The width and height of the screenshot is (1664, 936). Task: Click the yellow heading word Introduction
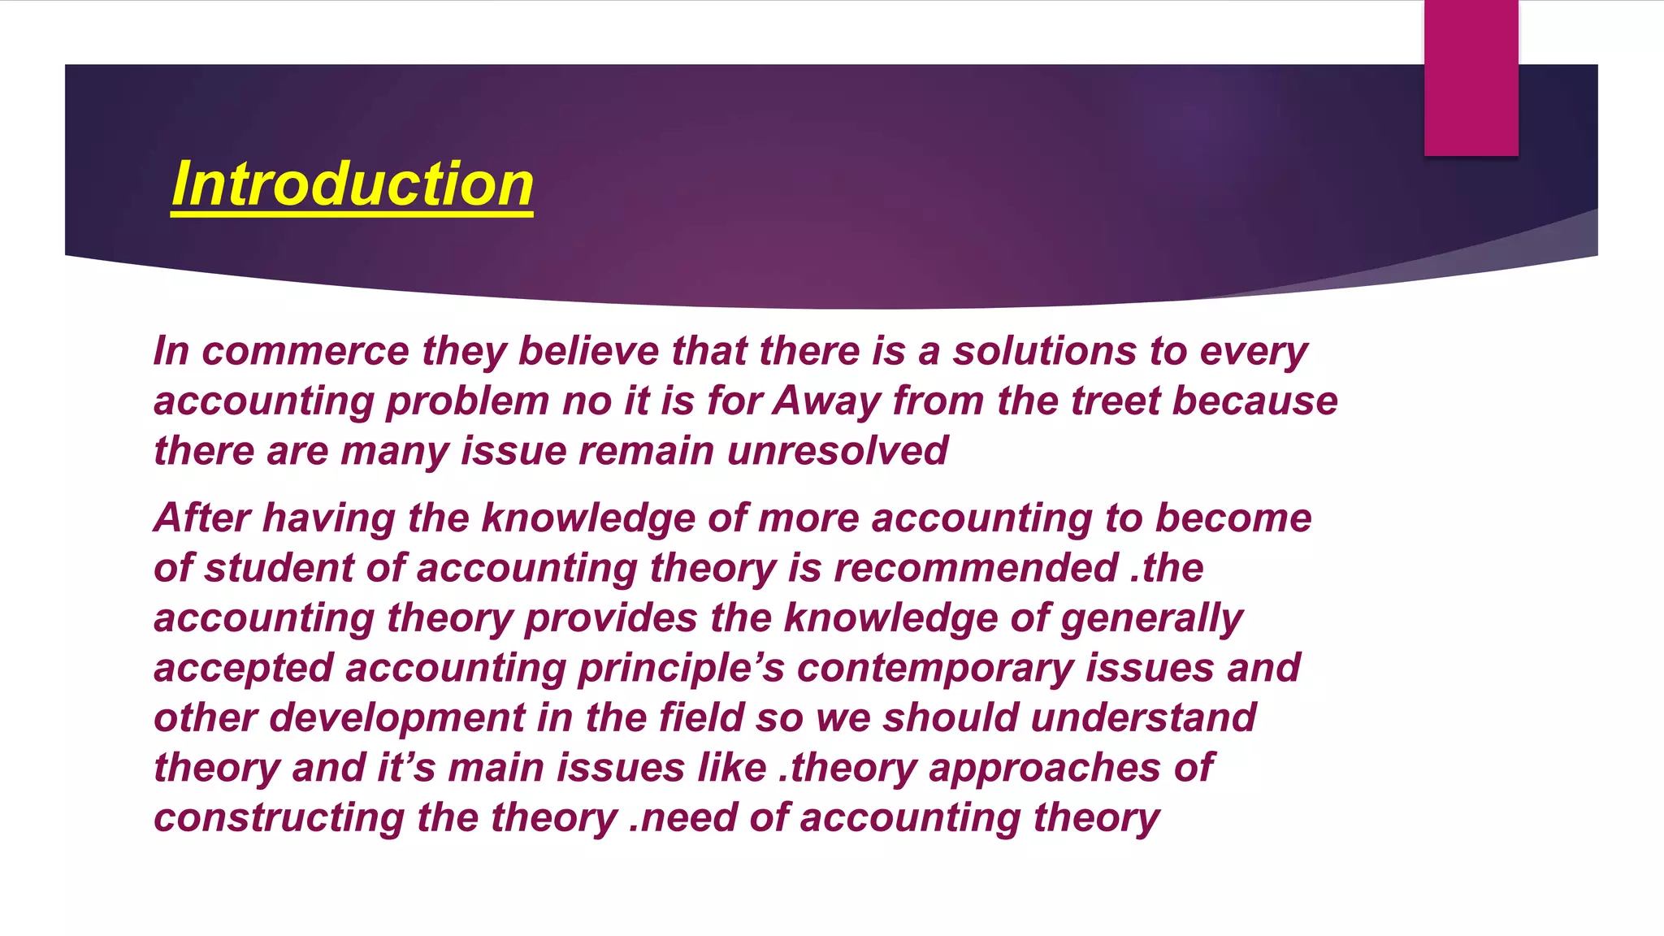352,184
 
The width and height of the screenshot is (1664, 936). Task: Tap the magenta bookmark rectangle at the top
1471,77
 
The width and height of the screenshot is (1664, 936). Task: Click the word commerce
305,351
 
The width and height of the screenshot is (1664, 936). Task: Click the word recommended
976,568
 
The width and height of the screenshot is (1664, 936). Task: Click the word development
396,718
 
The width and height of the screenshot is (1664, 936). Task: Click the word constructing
279,818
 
